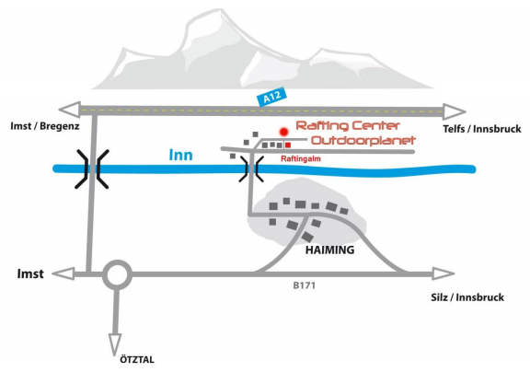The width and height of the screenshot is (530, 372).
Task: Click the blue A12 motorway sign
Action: [x=271, y=97]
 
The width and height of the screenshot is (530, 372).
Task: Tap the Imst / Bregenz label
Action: [x=45, y=126]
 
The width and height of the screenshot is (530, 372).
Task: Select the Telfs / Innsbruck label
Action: [x=482, y=129]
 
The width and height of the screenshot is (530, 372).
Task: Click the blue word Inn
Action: [x=181, y=155]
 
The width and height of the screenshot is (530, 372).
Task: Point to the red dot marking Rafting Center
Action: [x=283, y=132]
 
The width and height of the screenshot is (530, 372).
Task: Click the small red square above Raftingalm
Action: [x=288, y=145]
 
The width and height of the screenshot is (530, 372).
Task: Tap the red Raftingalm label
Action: [x=301, y=158]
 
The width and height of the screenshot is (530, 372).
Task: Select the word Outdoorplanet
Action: [x=363, y=140]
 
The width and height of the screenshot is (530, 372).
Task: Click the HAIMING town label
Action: [x=330, y=250]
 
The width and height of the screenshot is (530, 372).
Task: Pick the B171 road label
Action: [x=305, y=285]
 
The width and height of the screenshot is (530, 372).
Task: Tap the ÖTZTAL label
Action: [x=137, y=359]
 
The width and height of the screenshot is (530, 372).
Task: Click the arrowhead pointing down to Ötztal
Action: [x=115, y=344]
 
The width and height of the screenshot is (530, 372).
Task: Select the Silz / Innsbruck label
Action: [x=467, y=297]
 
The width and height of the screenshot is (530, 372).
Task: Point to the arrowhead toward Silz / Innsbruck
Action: [x=444, y=273]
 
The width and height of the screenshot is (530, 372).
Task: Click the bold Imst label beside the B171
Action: [x=30, y=273]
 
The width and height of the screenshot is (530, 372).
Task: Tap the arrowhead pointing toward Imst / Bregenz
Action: [x=69, y=110]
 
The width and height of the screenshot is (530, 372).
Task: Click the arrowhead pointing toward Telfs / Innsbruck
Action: [x=455, y=112]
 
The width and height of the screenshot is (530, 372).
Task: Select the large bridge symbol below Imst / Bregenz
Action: [x=92, y=169]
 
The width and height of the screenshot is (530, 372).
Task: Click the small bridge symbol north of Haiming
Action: [x=251, y=169]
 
